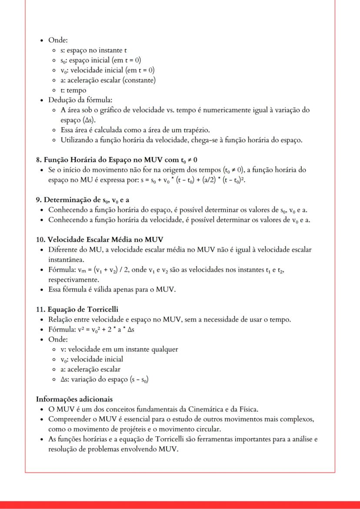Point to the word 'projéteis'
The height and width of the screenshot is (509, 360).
coord(137,429)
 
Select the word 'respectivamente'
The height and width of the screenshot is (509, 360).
coord(74,279)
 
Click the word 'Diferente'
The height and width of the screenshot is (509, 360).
coord(63,250)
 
